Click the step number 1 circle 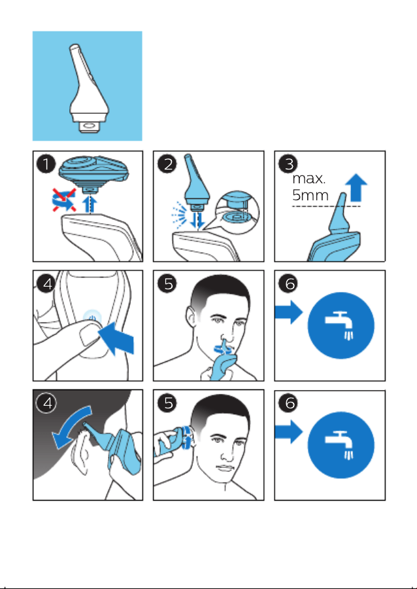pos(46,164)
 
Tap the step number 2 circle pos(167,164)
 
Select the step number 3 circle pos(288,164)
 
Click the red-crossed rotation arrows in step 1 pos(64,200)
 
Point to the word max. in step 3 pos(309,179)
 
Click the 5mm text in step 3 pos(310,195)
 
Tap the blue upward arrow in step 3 pos(356,187)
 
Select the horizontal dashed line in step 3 pos(326,206)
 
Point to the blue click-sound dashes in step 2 pos(178,214)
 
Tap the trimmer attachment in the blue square pos(88,88)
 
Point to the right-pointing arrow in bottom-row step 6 pos(289,432)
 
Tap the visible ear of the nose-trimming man pos(192,317)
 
